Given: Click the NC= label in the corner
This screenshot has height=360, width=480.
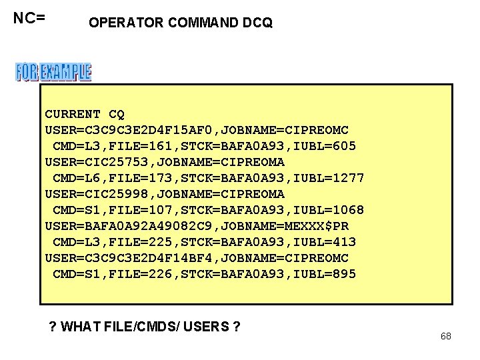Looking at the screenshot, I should [x=29, y=18].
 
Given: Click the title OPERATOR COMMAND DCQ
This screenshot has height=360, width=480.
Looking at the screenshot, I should [x=180, y=23].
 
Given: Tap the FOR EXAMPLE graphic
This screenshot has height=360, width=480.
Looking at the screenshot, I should [x=53, y=72].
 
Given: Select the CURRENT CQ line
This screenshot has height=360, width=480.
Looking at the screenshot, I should [x=85, y=114].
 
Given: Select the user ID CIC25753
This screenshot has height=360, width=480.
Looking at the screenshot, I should [x=120, y=162].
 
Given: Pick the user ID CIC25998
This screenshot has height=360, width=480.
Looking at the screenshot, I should [x=120, y=194].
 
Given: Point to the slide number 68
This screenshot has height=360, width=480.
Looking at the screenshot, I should [x=446, y=336].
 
